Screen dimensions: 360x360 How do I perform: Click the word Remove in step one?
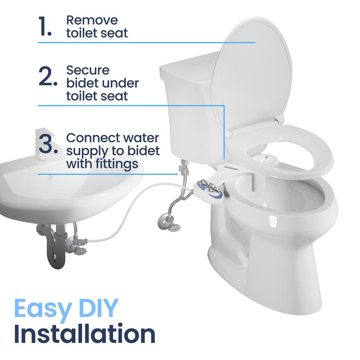click(92, 20)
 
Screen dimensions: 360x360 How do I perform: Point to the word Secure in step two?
click(88, 71)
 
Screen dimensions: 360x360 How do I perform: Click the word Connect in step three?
click(92, 137)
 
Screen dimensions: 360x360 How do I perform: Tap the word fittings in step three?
click(117, 164)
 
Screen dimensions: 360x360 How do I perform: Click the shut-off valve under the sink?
click(72, 245)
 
